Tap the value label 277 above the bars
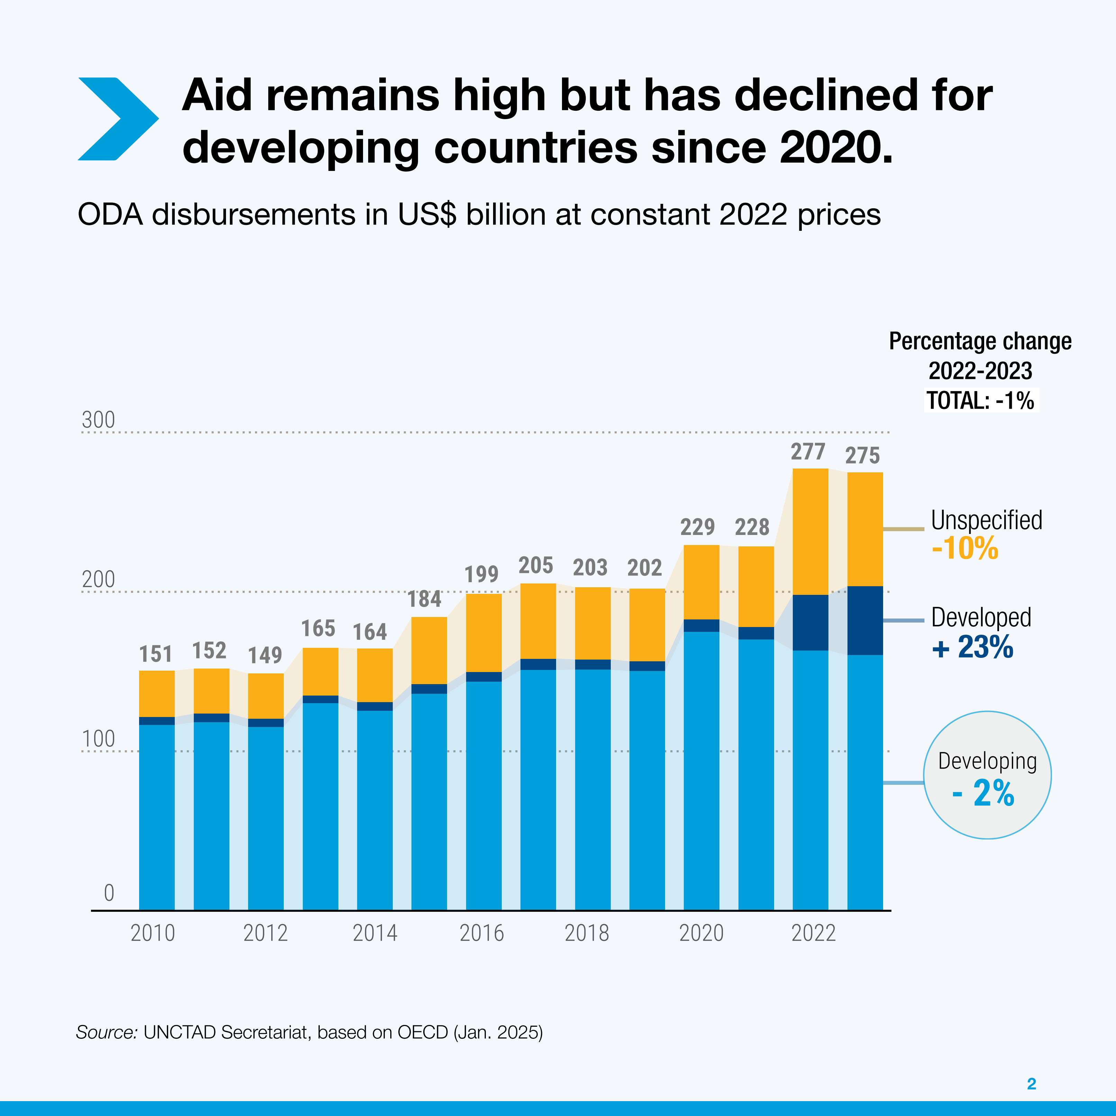click(808, 452)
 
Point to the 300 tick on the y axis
click(98, 420)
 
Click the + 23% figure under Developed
click(973, 647)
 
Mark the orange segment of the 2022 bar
click(810, 532)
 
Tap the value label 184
click(425, 599)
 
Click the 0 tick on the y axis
click(109, 893)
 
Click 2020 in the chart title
click(835, 147)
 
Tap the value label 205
click(535, 565)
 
